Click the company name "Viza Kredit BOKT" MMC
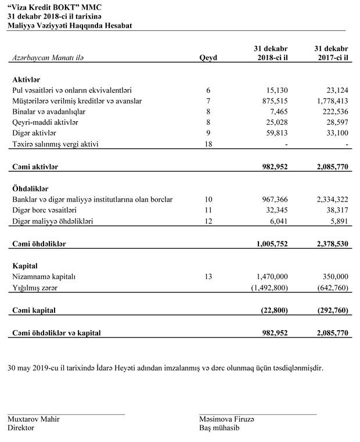(52, 6)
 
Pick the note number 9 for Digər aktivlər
(208, 133)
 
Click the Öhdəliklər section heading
(30, 189)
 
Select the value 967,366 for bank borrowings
(272, 200)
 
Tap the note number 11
(208, 210)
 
